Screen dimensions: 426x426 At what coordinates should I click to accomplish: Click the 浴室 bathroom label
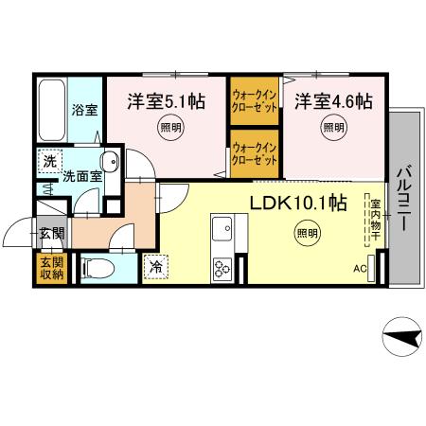[x=84, y=110]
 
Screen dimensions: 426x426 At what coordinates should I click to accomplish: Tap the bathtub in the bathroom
[x=52, y=110]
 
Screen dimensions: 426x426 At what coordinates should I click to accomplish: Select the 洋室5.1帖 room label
[x=167, y=101]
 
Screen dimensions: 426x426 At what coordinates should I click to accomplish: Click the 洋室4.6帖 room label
[x=334, y=101]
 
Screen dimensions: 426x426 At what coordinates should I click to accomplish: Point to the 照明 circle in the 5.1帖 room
[x=171, y=128]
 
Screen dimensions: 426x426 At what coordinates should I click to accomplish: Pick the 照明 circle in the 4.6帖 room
[x=333, y=128]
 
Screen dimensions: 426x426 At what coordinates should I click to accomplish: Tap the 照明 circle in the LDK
[x=308, y=233]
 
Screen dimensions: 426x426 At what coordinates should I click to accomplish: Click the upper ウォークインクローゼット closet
[x=255, y=101]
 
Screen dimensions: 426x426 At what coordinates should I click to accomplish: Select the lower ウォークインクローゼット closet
[x=255, y=154]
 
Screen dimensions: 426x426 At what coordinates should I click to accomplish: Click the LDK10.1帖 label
[x=298, y=204]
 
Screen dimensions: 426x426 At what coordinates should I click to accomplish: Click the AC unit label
[x=360, y=269]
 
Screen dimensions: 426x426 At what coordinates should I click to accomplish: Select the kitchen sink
[x=222, y=229]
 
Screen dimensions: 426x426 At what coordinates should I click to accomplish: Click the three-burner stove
[x=222, y=269]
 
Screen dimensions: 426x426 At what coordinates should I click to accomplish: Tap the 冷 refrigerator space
[x=155, y=267]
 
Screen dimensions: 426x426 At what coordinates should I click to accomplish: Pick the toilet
[x=98, y=268]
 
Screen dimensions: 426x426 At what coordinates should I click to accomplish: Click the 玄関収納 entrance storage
[x=52, y=268]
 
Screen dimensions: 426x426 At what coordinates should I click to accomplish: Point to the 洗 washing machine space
[x=50, y=161]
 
